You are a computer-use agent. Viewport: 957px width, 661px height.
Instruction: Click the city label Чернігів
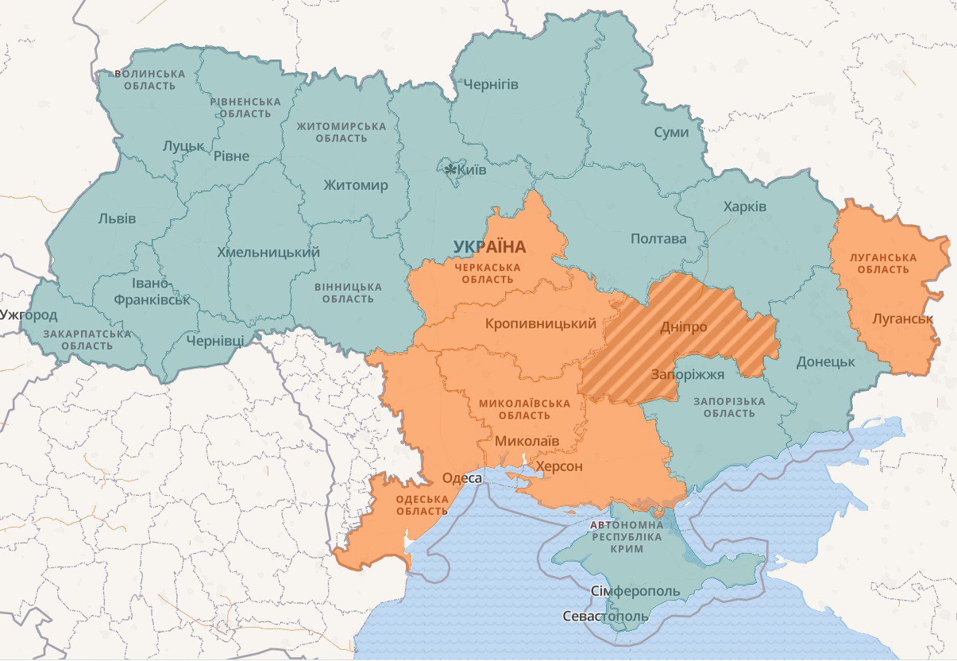click(491, 84)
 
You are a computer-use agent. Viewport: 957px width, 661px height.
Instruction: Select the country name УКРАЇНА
click(490, 247)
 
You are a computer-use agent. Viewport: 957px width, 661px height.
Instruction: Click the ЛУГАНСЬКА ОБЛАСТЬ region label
click(882, 263)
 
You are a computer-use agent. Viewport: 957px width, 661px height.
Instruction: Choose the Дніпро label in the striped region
click(684, 327)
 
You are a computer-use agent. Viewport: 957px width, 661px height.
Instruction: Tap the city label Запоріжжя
click(688, 375)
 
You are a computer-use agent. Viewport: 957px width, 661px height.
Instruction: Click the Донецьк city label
click(826, 361)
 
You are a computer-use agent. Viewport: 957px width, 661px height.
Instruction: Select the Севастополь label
click(606, 616)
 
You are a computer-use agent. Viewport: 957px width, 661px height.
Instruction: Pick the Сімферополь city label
click(635, 592)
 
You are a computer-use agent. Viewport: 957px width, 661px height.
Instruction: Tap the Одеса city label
click(461, 477)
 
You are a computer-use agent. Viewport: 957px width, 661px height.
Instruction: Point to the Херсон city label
click(559, 466)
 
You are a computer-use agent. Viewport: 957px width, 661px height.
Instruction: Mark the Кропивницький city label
click(540, 323)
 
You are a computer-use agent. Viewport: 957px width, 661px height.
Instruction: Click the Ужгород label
click(29, 315)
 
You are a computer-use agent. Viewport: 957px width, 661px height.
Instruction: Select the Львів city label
click(117, 218)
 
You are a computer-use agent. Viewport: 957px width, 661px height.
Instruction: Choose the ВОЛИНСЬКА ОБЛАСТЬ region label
click(150, 79)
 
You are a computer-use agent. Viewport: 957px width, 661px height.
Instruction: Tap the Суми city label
click(671, 132)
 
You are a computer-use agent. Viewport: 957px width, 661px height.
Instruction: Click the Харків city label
click(745, 207)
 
